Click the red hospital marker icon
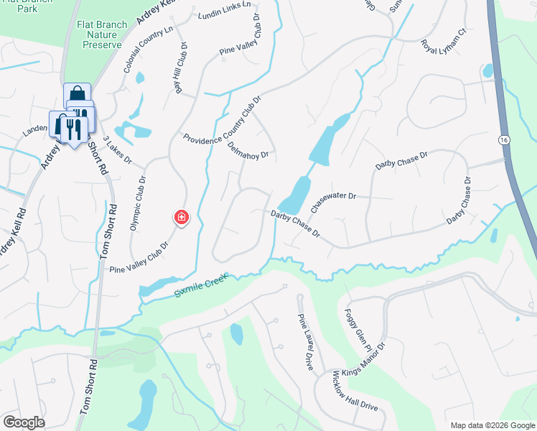click(182, 217)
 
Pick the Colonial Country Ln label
click(148, 50)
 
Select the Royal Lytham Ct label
click(444, 40)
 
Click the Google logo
click(24, 422)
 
